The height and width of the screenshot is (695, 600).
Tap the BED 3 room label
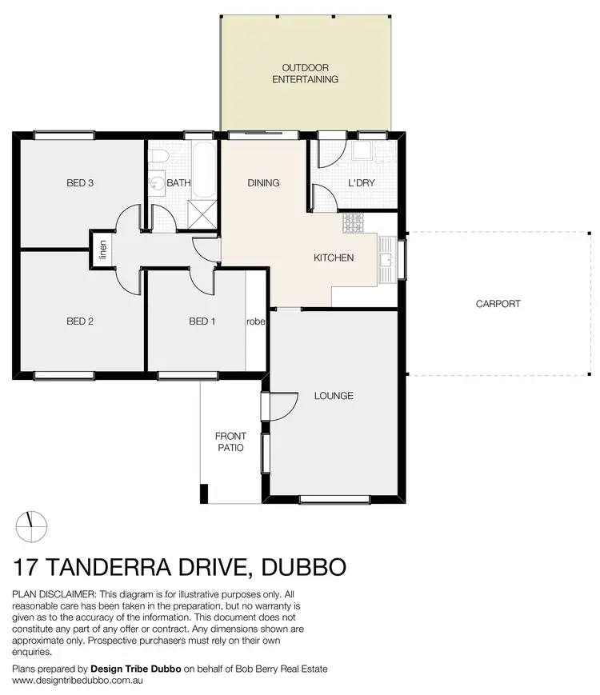(80, 183)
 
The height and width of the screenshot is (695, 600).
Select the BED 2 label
(80, 322)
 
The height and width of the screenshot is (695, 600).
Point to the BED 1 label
(202, 322)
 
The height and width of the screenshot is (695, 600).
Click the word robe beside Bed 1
(255, 322)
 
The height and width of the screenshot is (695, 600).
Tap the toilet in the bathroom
(159, 155)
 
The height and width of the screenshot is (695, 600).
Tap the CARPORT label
(498, 304)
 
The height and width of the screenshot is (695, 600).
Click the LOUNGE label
(334, 396)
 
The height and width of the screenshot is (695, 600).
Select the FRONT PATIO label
(230, 442)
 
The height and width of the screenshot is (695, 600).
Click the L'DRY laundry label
(362, 183)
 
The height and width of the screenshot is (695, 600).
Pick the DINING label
(263, 183)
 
